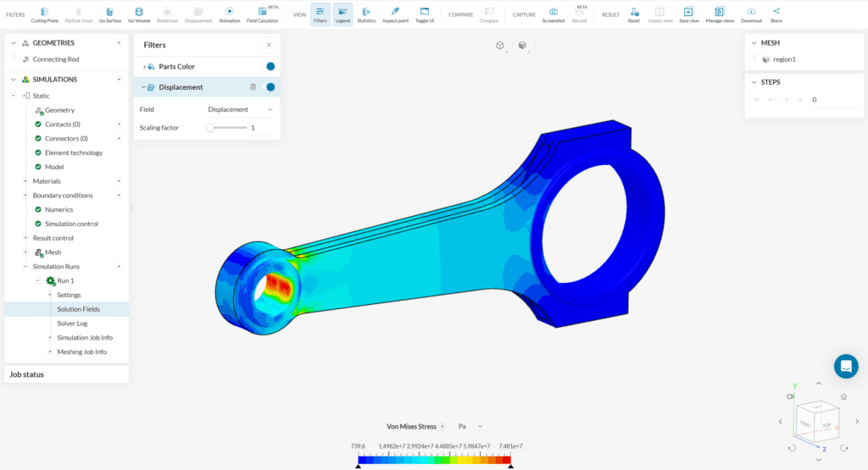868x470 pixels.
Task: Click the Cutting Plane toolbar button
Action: click(x=44, y=14)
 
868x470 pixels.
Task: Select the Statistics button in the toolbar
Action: click(x=366, y=14)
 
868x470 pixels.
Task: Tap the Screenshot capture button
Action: click(x=553, y=14)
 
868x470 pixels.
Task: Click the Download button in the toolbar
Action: click(x=751, y=14)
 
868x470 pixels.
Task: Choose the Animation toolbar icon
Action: click(x=229, y=14)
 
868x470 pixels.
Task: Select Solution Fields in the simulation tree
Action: click(x=78, y=309)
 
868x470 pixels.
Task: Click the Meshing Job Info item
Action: click(x=81, y=351)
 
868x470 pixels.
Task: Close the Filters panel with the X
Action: click(x=269, y=45)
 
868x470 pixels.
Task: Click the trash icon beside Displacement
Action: click(x=253, y=87)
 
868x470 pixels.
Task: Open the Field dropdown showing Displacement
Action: click(x=241, y=109)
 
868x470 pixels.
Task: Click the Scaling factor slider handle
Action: click(x=210, y=128)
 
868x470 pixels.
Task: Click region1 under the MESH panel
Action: click(x=784, y=59)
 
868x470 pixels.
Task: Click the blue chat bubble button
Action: click(x=845, y=366)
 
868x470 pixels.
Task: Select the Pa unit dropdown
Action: click(x=470, y=426)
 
